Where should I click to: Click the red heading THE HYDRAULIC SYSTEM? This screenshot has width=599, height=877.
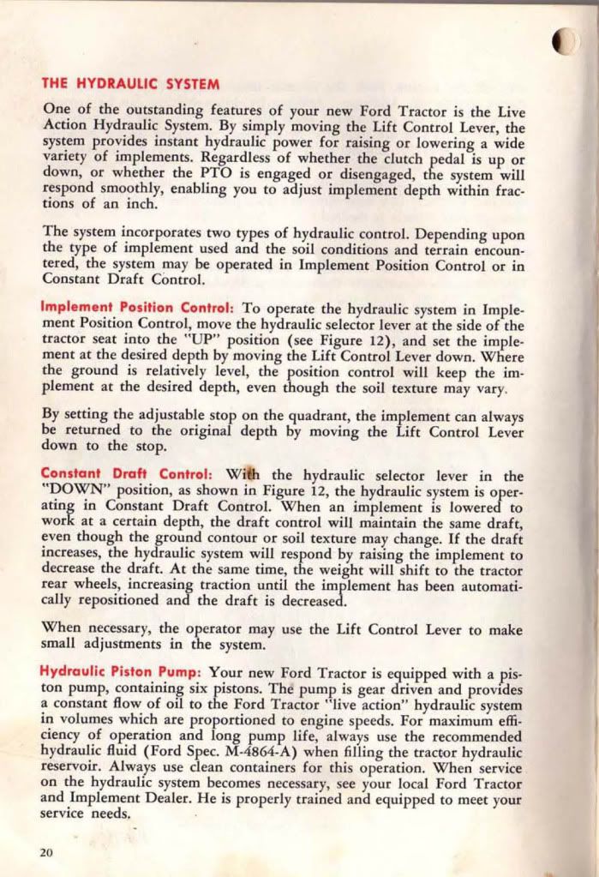131,85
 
